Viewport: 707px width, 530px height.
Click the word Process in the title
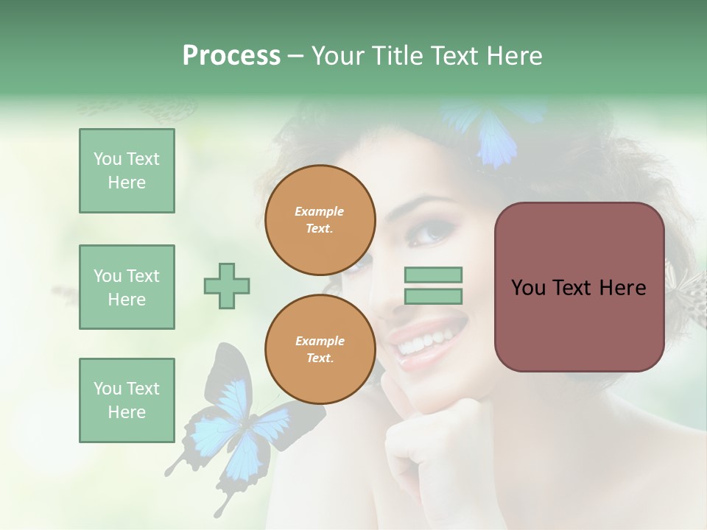click(x=231, y=56)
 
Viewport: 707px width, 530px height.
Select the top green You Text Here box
click(x=127, y=171)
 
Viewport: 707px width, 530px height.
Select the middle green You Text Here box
click(x=127, y=287)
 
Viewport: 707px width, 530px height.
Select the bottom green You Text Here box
click(x=127, y=400)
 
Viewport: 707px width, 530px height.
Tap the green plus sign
click(x=227, y=286)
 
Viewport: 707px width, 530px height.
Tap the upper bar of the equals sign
click(x=433, y=275)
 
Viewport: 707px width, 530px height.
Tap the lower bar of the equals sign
click(x=433, y=297)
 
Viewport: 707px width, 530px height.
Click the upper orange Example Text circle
click(x=320, y=220)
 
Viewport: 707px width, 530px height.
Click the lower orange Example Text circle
click(x=320, y=350)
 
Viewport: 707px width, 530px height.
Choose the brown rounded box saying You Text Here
click(x=579, y=287)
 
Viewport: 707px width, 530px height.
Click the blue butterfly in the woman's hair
click(x=493, y=132)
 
